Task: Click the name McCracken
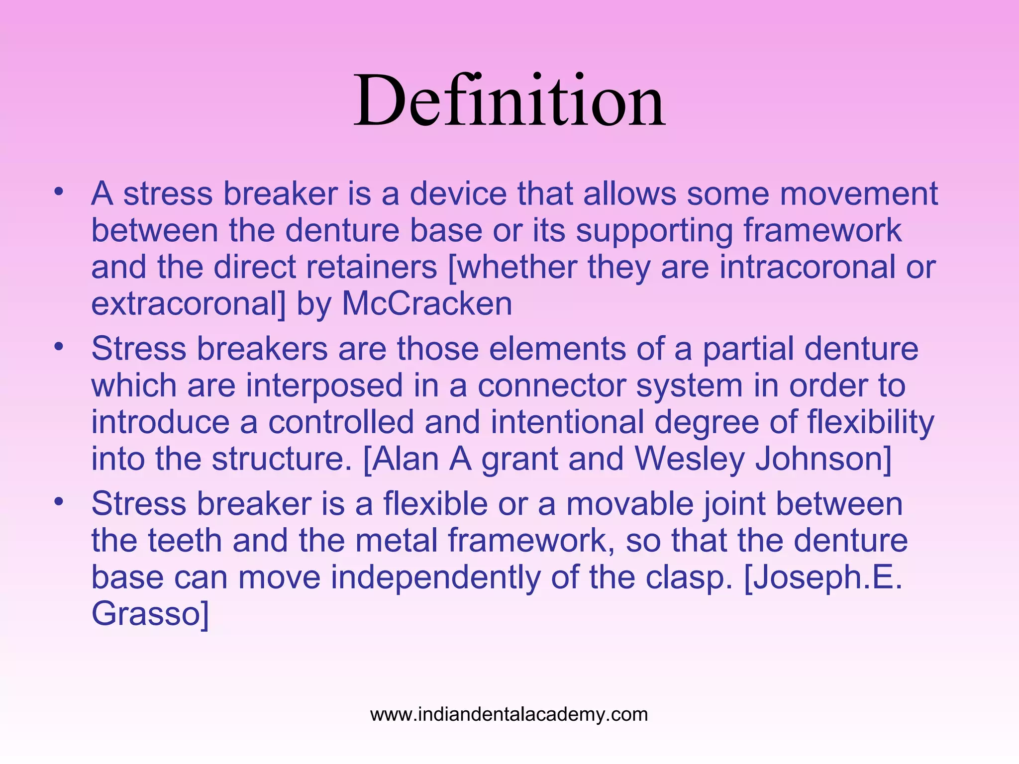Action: [x=427, y=304]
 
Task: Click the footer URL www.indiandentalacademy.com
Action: [x=509, y=715]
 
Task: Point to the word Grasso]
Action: [x=150, y=614]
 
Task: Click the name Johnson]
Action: [x=823, y=459]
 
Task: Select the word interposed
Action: [x=324, y=386]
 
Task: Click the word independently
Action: [x=436, y=577]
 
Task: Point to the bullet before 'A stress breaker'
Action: [x=59, y=191]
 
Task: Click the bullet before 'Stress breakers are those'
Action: [x=59, y=347]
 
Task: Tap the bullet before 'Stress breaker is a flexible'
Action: [x=59, y=502]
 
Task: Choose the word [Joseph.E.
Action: [x=823, y=578]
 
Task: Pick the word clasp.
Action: [x=689, y=578]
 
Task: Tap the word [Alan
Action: [x=401, y=459]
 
